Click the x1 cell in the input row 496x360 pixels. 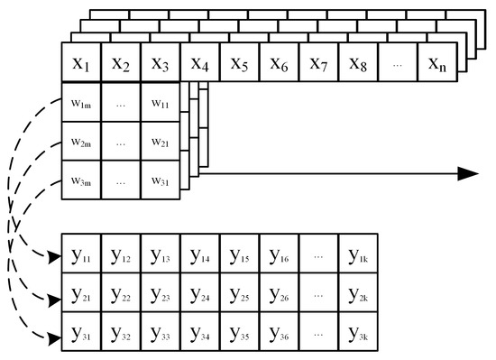(x=79, y=64)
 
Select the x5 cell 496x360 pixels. (x=239, y=64)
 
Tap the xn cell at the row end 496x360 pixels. (x=436, y=64)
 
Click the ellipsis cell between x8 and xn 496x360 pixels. (x=398, y=64)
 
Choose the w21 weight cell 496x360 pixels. (x=161, y=143)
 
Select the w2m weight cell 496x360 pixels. (x=80, y=143)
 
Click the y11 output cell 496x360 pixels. (x=80, y=254)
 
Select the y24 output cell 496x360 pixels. (x=199, y=293)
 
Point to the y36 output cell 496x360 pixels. (x=279, y=333)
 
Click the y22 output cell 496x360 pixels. (x=120, y=293)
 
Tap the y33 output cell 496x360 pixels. (x=160, y=333)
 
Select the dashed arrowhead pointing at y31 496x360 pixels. (x=52, y=340)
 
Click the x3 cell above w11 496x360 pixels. (x=161, y=64)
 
